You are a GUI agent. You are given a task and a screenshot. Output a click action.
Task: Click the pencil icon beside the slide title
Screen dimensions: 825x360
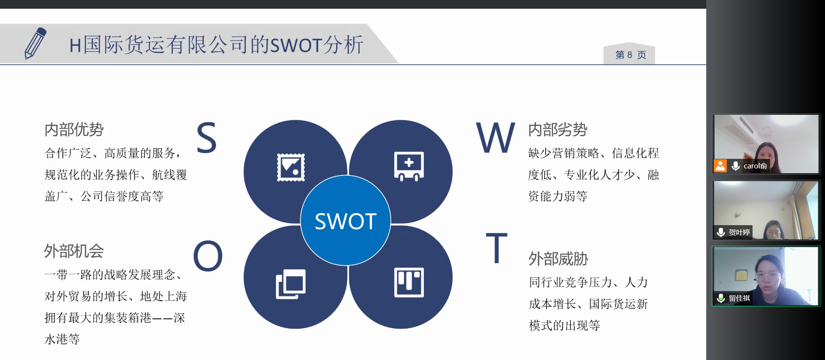(35, 43)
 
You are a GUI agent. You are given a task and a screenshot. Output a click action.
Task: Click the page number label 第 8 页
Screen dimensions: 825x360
(630, 55)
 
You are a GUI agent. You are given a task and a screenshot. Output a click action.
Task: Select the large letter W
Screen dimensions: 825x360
(495, 137)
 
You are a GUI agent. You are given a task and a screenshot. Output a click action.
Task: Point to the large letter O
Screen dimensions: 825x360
(208, 256)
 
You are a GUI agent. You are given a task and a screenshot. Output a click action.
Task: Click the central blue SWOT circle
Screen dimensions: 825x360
(346, 220)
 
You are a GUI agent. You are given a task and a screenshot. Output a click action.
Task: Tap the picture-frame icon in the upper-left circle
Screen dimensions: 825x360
(291, 167)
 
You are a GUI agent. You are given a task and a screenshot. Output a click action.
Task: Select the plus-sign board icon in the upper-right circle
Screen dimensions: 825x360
(409, 166)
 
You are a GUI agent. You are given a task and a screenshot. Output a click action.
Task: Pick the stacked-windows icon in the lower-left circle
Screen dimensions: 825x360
(291, 284)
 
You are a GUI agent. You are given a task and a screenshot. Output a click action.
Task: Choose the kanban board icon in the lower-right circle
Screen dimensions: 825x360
(409, 282)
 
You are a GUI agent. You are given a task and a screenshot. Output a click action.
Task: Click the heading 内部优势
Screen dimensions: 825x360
(74, 130)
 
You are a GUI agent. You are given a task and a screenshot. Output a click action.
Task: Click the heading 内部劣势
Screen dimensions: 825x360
(558, 130)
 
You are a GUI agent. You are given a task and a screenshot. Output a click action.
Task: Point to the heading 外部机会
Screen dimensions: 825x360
(74, 251)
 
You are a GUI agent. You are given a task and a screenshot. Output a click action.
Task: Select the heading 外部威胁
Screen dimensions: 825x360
(559, 259)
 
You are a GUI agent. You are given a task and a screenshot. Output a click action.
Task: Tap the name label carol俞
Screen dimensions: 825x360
(755, 166)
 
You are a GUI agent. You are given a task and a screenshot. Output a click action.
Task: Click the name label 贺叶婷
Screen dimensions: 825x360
(739, 233)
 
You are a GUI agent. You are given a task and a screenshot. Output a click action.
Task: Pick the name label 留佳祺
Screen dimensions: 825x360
(739, 298)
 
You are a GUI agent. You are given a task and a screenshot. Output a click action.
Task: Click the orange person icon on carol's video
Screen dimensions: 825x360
(720, 166)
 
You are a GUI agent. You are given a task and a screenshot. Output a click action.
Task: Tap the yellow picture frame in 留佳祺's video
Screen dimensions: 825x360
(741, 275)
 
